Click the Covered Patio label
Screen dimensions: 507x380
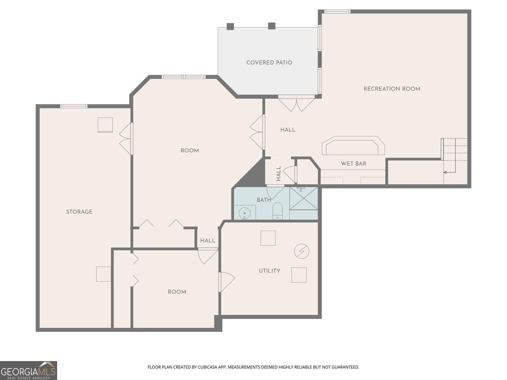pos(269,62)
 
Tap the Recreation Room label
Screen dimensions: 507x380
pos(392,89)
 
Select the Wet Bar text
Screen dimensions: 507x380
pos(354,163)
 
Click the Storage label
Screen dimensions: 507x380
pos(79,212)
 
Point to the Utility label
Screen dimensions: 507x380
pos(269,271)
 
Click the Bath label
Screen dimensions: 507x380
pos(264,200)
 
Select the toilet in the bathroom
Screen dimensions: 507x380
pos(277,211)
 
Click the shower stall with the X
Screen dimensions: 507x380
pos(304,198)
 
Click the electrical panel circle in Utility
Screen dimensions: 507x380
pos(301,251)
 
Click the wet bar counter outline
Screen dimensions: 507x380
pos(353,145)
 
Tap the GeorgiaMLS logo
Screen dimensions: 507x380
pos(28,371)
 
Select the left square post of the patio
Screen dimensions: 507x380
pos(230,26)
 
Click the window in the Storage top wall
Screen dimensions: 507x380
pos(74,106)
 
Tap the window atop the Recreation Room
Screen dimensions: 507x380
pos(337,11)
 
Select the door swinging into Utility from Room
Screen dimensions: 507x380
pos(226,282)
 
